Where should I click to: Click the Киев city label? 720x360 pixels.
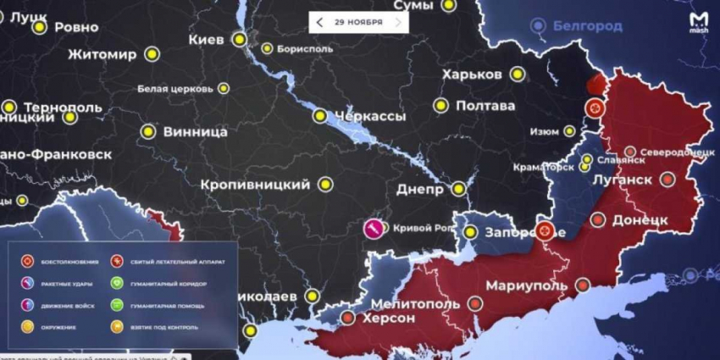(206, 40)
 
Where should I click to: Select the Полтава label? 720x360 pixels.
(485, 106)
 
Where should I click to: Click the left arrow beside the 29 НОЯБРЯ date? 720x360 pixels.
(320, 21)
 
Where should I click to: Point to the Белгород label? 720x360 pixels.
(587, 26)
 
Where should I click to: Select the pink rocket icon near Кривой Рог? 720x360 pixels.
(373, 228)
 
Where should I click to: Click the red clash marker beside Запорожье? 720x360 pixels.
(546, 230)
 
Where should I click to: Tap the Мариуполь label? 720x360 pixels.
(525, 285)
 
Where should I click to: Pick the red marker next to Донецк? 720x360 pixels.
(598, 220)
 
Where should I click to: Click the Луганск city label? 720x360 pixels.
(628, 180)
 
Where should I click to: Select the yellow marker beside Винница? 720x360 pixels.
(148, 132)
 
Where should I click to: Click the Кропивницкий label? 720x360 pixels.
(254, 184)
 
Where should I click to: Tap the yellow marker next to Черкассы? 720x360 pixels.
(319, 116)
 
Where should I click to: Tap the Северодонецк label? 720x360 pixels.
(678, 152)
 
